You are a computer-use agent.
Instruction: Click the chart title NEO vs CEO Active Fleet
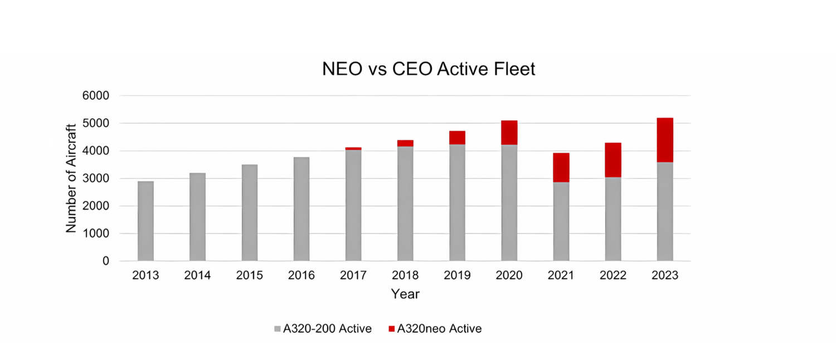coord(429,69)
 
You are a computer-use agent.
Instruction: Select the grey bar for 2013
coord(145,221)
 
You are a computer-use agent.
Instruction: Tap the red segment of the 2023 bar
coord(665,140)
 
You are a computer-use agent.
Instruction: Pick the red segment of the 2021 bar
coord(561,167)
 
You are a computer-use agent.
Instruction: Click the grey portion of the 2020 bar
coord(509,203)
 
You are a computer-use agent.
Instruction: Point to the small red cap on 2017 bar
coord(353,148)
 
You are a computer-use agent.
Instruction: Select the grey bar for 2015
coord(250,213)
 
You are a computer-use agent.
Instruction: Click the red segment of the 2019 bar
coord(457,138)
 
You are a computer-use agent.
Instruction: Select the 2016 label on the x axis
coord(302,276)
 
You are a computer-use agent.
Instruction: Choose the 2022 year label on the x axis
coord(613,276)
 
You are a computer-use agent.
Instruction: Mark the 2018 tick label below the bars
coord(405,276)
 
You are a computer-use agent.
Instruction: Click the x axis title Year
coord(405,294)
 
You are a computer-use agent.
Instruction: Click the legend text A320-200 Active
coord(327,329)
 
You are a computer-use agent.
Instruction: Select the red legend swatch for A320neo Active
coord(391,329)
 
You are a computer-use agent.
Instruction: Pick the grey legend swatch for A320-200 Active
coord(278,329)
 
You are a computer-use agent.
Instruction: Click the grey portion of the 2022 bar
coord(613,219)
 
